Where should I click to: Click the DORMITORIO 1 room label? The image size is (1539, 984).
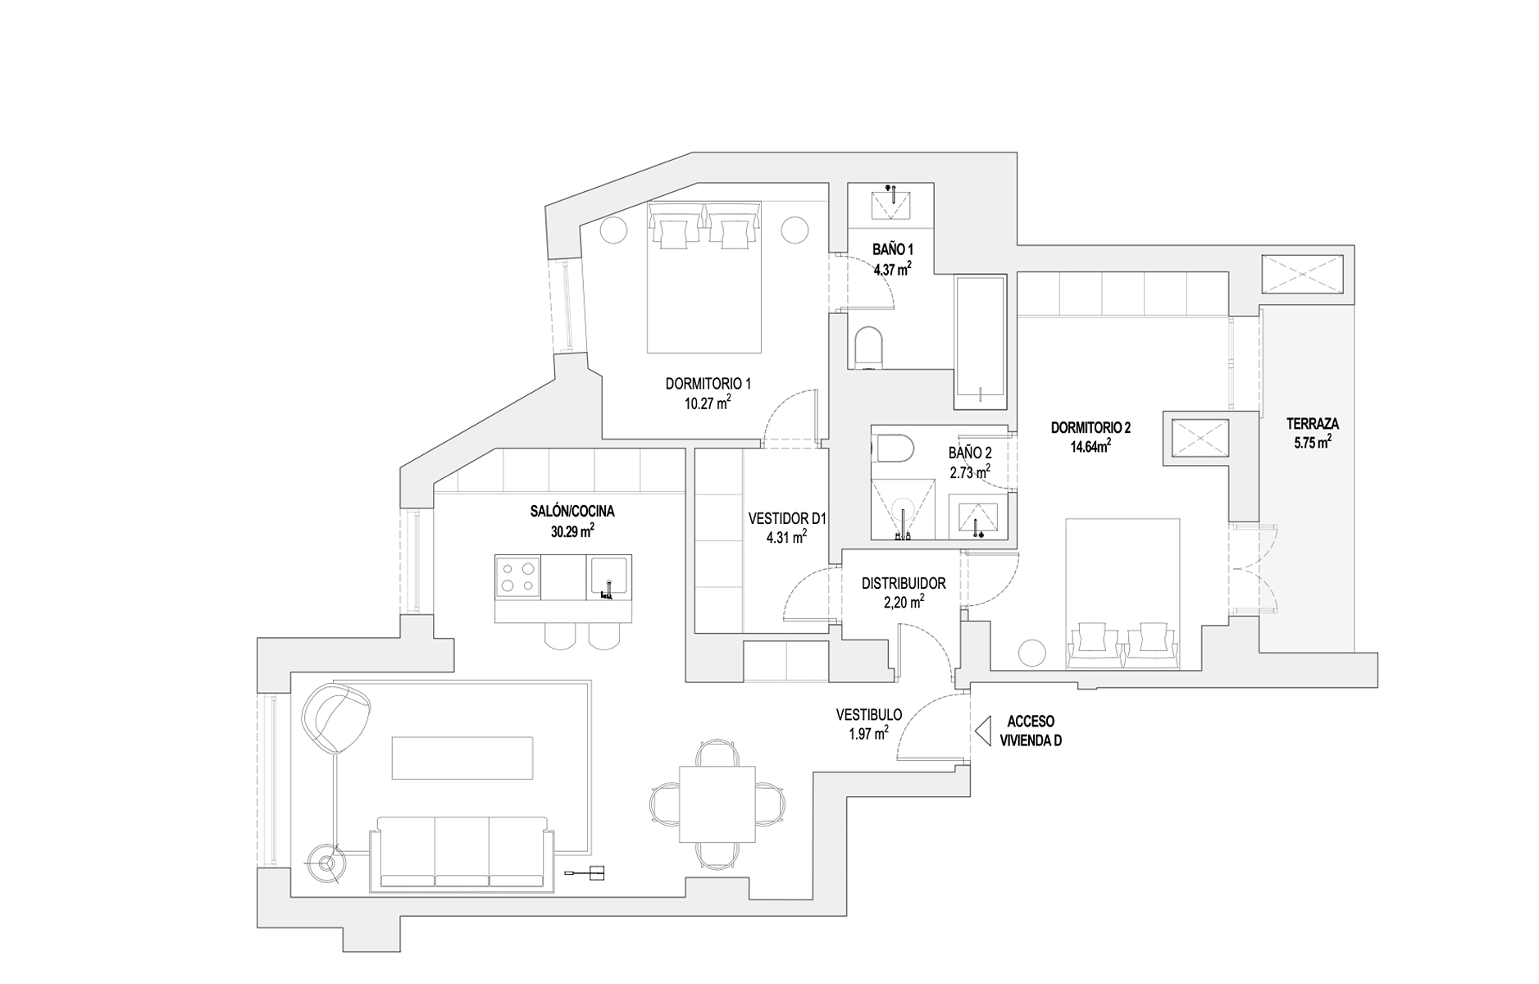point(708,383)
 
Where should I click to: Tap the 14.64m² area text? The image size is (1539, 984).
point(1091,447)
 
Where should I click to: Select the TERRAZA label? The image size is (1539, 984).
point(1312,424)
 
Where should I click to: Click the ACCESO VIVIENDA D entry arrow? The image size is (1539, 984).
point(983,728)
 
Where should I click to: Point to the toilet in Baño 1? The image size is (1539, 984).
point(867,348)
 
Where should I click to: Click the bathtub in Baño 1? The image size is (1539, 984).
point(979,342)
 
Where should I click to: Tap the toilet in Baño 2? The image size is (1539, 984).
point(895,449)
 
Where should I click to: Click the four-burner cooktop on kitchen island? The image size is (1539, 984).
point(517,576)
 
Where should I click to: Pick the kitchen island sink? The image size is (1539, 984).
point(609,576)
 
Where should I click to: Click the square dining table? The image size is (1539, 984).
point(717,804)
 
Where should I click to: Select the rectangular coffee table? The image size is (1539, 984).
point(462,758)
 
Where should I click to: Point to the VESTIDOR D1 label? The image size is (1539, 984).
point(787,519)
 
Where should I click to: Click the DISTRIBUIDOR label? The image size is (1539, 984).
point(904,583)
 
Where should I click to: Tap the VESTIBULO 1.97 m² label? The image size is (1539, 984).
point(868,724)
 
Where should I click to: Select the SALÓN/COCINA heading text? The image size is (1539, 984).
point(571,511)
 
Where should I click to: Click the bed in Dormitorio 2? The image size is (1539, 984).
point(1122,590)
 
